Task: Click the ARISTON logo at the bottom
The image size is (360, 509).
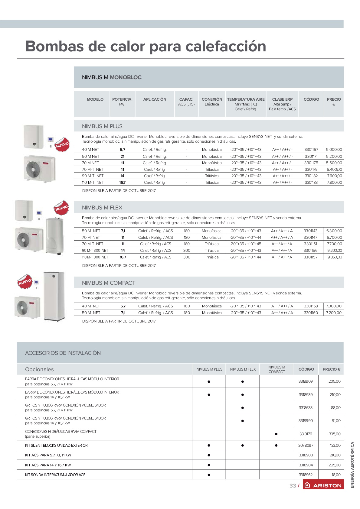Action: point(323,485)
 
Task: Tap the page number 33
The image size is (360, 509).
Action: point(293,485)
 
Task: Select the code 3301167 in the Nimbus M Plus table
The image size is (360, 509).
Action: point(311,150)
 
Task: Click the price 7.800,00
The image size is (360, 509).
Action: point(334,183)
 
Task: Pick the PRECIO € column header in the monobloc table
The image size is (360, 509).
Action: point(334,102)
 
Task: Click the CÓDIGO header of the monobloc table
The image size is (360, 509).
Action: point(311,99)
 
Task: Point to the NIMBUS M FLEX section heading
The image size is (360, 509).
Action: point(102,208)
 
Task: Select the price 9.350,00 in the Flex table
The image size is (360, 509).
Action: point(335,257)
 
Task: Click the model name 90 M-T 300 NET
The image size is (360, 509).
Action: point(95,251)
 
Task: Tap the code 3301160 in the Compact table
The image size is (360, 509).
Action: point(311,313)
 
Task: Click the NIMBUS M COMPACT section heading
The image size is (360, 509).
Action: point(108,283)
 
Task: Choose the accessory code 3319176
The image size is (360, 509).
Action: point(306,434)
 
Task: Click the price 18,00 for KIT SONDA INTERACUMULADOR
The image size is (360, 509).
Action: point(336,475)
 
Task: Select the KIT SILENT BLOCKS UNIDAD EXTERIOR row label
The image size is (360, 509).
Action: point(56,446)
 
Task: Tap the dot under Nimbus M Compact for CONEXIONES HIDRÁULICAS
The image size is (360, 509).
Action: point(276,434)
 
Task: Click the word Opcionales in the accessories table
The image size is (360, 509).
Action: point(39,369)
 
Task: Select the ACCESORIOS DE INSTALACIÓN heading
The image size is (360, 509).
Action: point(63,353)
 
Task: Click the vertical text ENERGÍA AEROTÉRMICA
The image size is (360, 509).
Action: point(352,465)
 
